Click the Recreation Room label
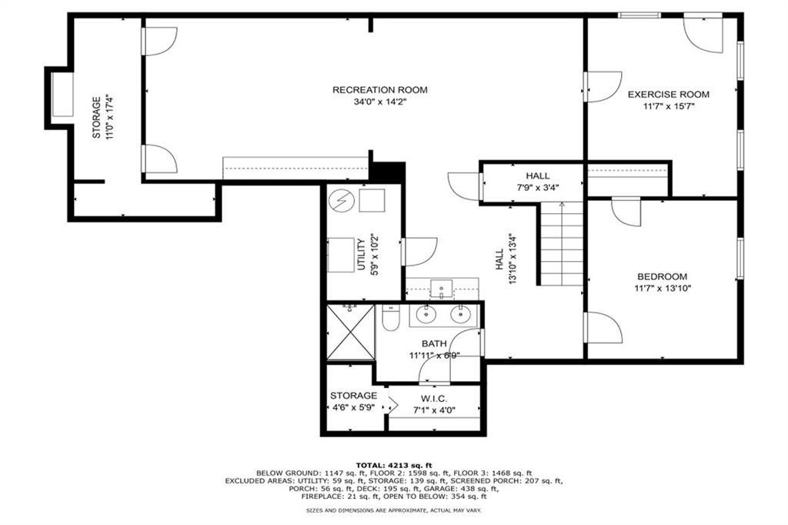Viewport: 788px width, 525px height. (x=379, y=90)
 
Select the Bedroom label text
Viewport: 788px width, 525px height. (x=662, y=276)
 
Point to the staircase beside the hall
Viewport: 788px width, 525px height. (x=562, y=243)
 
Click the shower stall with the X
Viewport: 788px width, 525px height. (x=350, y=332)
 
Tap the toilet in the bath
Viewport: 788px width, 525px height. (x=390, y=318)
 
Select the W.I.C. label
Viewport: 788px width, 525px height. (x=434, y=398)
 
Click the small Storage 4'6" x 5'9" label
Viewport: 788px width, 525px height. (x=353, y=395)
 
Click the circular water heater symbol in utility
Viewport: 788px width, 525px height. (x=339, y=201)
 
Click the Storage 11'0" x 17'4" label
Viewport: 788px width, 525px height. (x=96, y=117)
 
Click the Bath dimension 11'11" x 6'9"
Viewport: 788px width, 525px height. (x=434, y=356)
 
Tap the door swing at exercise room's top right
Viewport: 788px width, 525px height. (x=705, y=35)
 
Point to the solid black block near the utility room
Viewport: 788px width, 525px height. (x=388, y=172)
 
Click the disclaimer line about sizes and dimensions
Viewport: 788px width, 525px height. (x=394, y=510)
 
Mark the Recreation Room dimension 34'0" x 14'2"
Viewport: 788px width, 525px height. (x=379, y=102)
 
